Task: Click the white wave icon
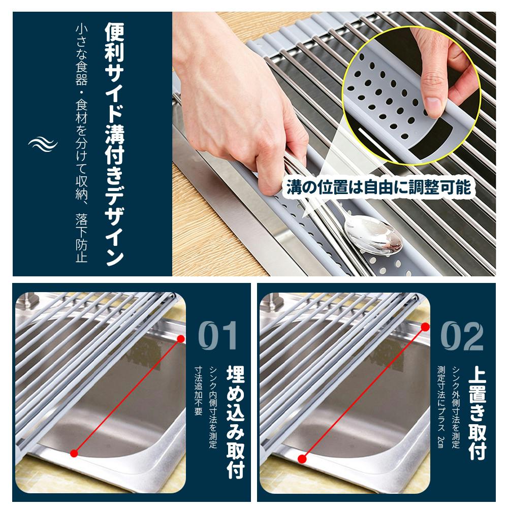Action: point(43,144)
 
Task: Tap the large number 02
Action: point(462,335)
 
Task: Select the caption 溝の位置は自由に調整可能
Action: point(378,187)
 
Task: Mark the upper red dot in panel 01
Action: point(181,339)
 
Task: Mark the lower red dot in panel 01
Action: point(74,453)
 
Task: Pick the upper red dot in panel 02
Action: point(425,327)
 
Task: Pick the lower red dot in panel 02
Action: point(302,459)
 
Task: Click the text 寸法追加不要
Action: point(198,391)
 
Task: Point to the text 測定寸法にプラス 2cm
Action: point(441,407)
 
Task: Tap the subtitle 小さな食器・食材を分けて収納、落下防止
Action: point(81,143)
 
